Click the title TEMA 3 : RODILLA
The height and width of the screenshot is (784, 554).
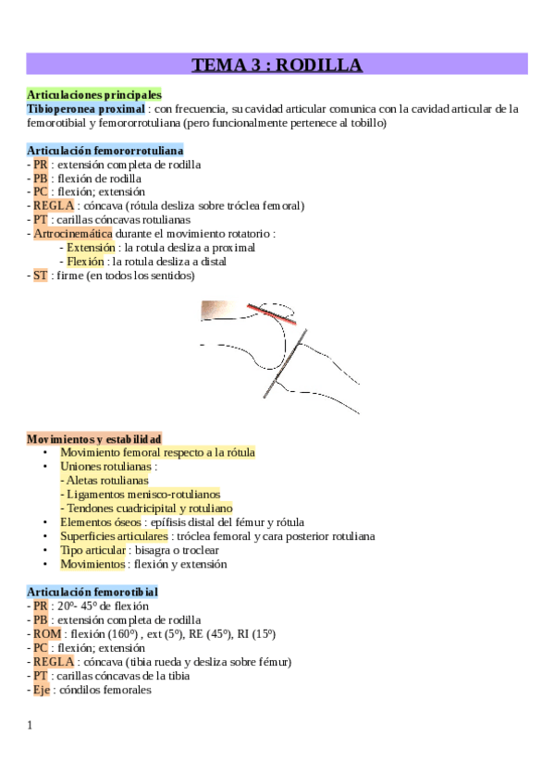point(277,64)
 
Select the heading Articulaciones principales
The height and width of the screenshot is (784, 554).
point(94,94)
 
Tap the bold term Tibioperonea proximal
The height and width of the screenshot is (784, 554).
point(86,108)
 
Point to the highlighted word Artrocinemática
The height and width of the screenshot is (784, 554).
point(72,234)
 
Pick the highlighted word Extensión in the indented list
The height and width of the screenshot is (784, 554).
point(91,248)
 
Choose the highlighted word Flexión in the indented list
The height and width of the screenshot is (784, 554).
point(85,262)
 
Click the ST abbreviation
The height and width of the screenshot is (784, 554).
point(40,276)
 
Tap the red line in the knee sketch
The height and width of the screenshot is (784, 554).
point(271,314)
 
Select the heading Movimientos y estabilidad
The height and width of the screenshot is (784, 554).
point(94,438)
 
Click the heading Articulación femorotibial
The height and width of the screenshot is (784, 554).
point(92,592)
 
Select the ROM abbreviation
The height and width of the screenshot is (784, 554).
point(45,634)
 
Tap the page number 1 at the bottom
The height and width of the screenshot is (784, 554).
point(30,725)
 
